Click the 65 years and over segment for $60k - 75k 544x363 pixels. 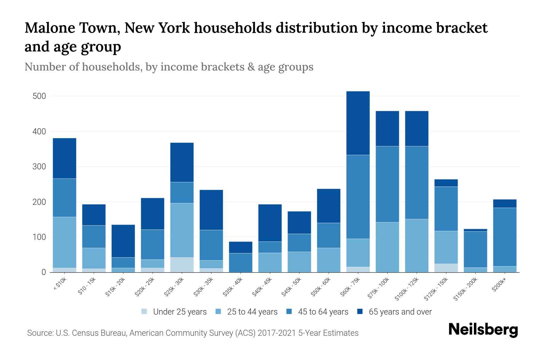click(358, 123)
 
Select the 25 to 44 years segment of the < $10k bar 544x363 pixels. click(64, 242)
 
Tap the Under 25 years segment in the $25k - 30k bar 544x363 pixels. click(182, 265)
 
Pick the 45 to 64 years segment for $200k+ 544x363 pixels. click(504, 237)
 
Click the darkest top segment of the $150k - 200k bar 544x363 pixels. click(475, 230)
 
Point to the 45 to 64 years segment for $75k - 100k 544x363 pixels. click(387, 184)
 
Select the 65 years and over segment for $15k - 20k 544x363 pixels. click(123, 241)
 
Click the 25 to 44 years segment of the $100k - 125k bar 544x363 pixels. click(416, 246)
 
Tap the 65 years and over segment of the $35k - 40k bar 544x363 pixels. click(241, 247)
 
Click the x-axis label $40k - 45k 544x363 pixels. click(262, 287)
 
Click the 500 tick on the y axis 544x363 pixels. click(39, 96)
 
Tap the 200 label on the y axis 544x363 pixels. click(39, 202)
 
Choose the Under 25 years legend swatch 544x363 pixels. click(144, 312)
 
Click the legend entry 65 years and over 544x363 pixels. click(400, 312)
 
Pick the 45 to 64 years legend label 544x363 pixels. click(323, 312)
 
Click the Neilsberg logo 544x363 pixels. click(483, 330)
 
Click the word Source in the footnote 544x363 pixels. click(40, 333)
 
